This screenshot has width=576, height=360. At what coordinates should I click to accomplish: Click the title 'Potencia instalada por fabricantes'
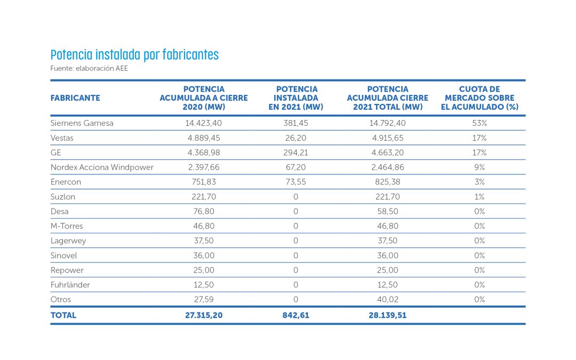[x=134, y=55]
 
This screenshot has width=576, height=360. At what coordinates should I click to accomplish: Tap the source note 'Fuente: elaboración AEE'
[x=89, y=68]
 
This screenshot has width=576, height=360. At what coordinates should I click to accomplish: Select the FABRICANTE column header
[x=75, y=98]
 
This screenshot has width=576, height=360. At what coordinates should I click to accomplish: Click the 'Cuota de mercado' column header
[x=479, y=98]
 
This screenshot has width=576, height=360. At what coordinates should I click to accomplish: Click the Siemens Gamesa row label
[x=82, y=123]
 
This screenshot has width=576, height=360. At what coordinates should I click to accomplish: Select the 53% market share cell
[x=479, y=123]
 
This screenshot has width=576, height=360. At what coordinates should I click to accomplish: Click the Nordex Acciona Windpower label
[x=102, y=167]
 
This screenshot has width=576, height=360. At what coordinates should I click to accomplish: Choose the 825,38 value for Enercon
[x=388, y=182]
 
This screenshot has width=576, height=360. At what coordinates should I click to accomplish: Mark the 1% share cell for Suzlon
[x=479, y=197]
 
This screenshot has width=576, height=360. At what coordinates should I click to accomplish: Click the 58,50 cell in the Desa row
[x=388, y=212]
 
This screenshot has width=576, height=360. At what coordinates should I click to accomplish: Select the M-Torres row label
[x=67, y=226]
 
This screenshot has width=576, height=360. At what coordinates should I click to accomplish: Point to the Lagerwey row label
[x=68, y=241]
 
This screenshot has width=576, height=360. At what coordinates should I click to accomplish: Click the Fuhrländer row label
[x=70, y=285]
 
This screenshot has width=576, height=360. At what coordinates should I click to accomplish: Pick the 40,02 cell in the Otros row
[x=388, y=300]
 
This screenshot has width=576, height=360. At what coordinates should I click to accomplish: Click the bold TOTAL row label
[x=63, y=315]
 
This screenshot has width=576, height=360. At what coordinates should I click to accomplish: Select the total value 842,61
[x=295, y=315]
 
